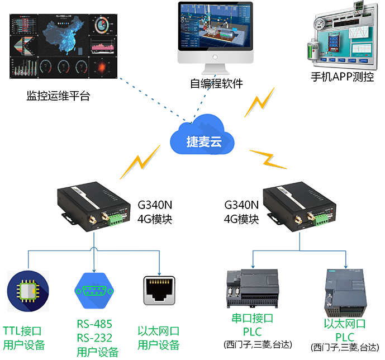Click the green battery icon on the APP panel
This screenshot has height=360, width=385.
point(314,50)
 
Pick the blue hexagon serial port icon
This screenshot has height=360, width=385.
point(91,290)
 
